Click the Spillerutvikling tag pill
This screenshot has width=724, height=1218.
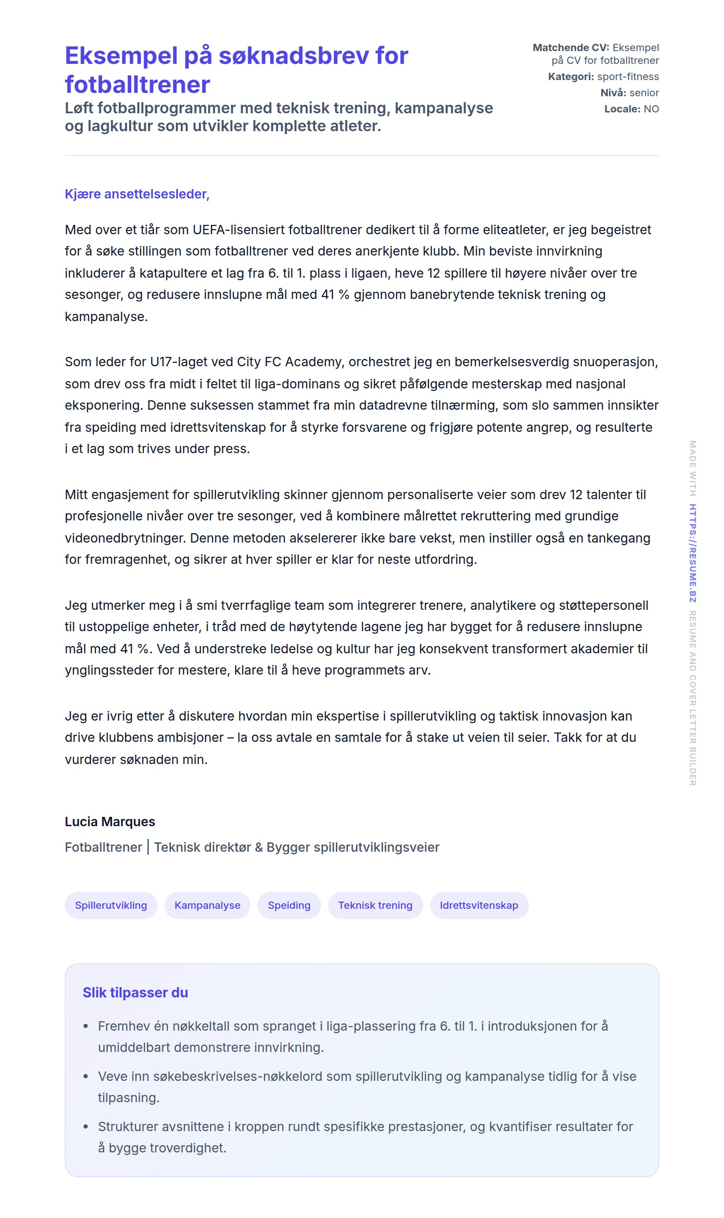coord(111,905)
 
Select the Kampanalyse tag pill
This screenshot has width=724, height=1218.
coord(207,905)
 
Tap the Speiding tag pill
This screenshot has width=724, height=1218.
coord(289,905)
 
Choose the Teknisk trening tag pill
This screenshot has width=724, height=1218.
coord(375,905)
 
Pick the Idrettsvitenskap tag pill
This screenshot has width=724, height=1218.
coord(479,905)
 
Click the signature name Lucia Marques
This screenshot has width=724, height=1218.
coord(110,822)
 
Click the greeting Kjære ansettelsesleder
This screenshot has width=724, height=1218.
coord(137,194)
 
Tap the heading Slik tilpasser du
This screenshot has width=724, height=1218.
coord(135,993)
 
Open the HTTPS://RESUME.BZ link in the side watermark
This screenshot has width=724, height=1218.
coord(692,553)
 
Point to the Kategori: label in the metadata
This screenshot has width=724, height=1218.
coord(571,77)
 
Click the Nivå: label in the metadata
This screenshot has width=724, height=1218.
coord(613,93)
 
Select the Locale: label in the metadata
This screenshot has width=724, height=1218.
coord(622,109)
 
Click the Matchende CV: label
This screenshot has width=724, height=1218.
coord(570,48)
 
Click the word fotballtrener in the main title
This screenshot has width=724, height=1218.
coord(138,85)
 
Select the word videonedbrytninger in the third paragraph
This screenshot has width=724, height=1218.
coord(125,538)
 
